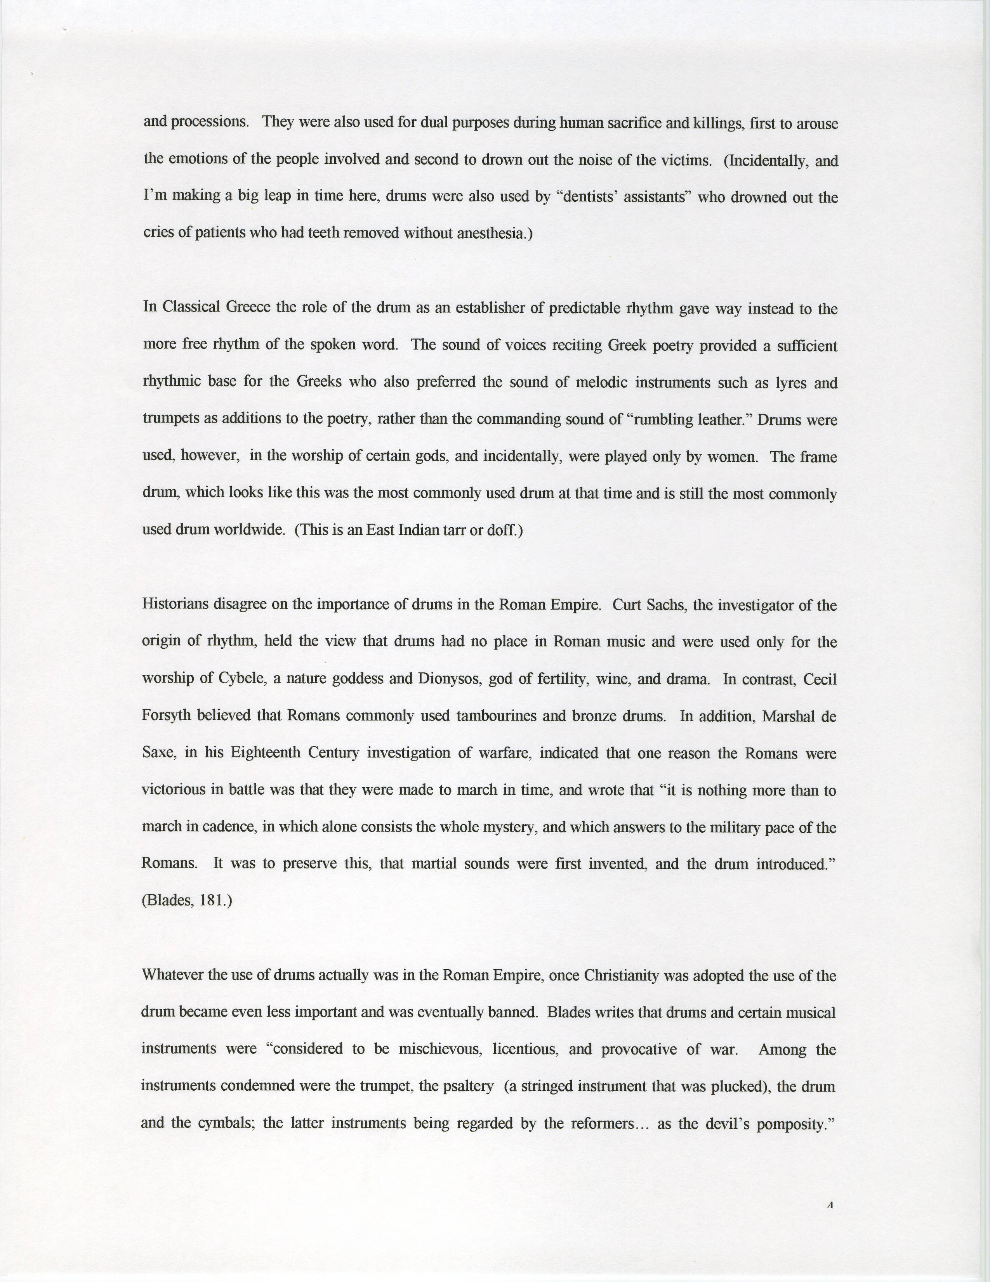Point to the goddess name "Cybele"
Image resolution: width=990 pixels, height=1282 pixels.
tap(240, 679)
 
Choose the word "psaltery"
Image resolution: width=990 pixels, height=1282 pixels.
tap(469, 1086)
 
